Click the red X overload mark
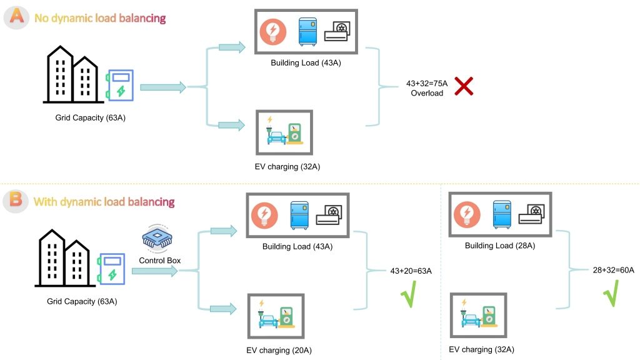coord(463,86)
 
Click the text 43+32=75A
coord(426,82)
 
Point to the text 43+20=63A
coord(411,271)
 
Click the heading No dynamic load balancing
coord(100,18)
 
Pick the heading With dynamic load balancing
coord(104,202)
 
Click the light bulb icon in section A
coord(272,31)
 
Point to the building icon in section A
coord(70,75)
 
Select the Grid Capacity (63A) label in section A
coord(90,117)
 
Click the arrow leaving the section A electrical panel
coord(163,87)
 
